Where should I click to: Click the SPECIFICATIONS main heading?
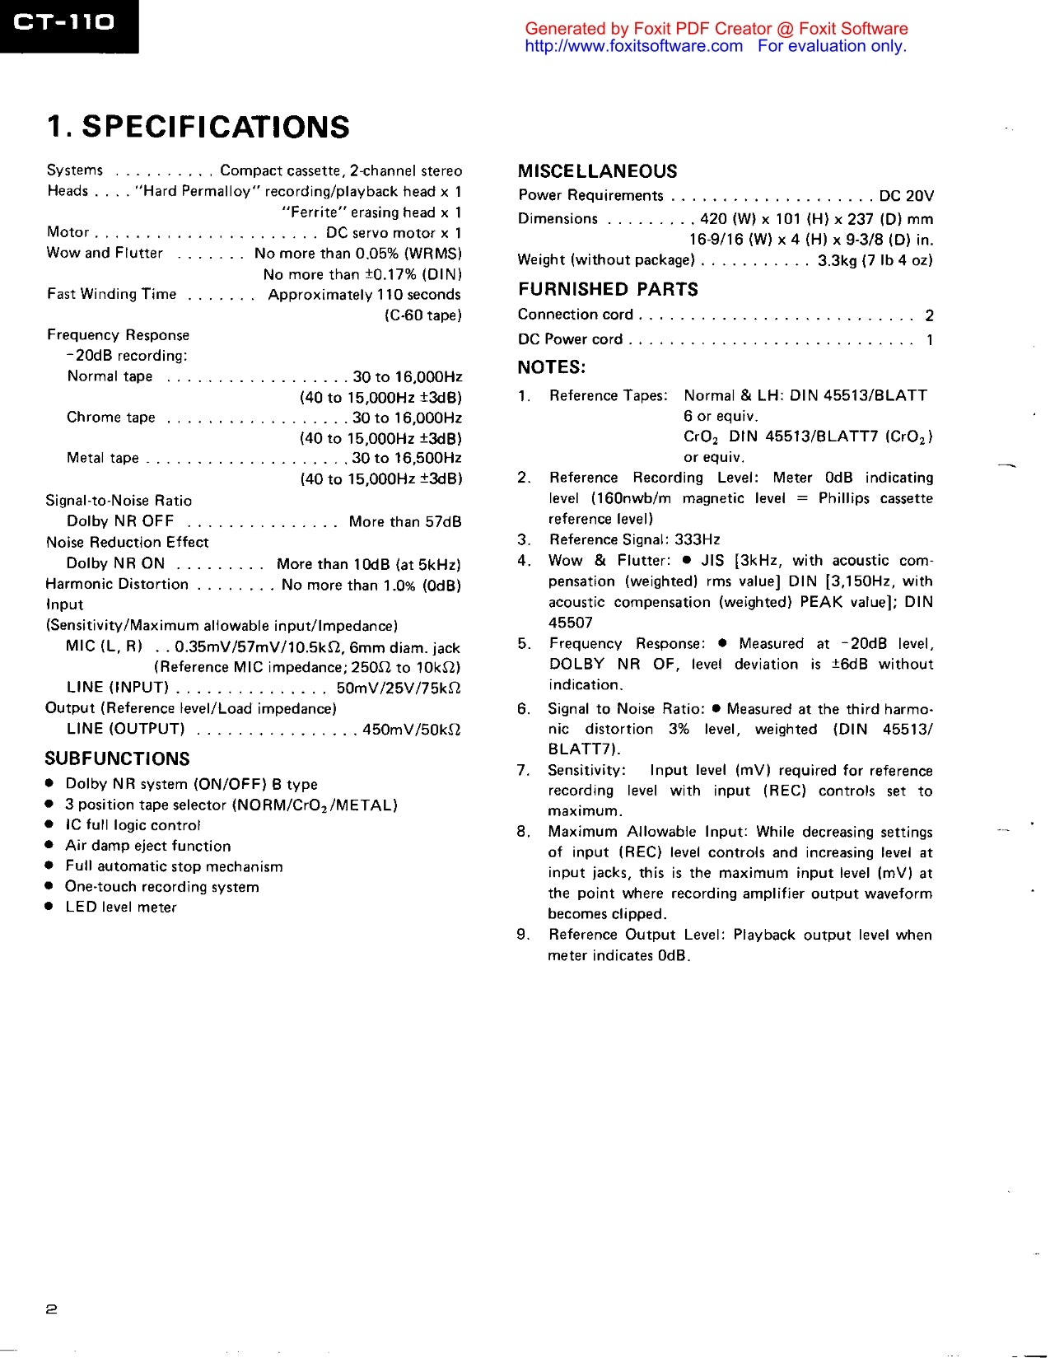tap(198, 127)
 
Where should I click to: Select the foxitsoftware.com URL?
tap(633, 46)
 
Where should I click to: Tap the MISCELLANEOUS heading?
tap(597, 171)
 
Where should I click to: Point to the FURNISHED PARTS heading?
tap(608, 289)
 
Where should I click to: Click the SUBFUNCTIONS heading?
tap(117, 758)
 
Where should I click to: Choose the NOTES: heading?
tap(551, 367)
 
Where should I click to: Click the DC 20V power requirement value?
tap(906, 196)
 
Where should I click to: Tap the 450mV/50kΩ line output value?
tap(411, 730)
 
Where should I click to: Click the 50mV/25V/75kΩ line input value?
tap(398, 688)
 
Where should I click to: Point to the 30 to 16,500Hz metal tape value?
tap(407, 459)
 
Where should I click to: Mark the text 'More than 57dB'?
tap(404, 522)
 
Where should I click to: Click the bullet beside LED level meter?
tap(49, 907)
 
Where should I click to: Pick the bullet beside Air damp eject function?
tap(49, 845)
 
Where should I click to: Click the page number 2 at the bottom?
tap(51, 1309)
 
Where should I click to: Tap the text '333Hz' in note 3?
tap(697, 539)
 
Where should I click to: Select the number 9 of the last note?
tap(522, 935)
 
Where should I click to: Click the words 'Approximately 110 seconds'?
tap(364, 295)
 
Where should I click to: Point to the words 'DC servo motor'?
tap(380, 233)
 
